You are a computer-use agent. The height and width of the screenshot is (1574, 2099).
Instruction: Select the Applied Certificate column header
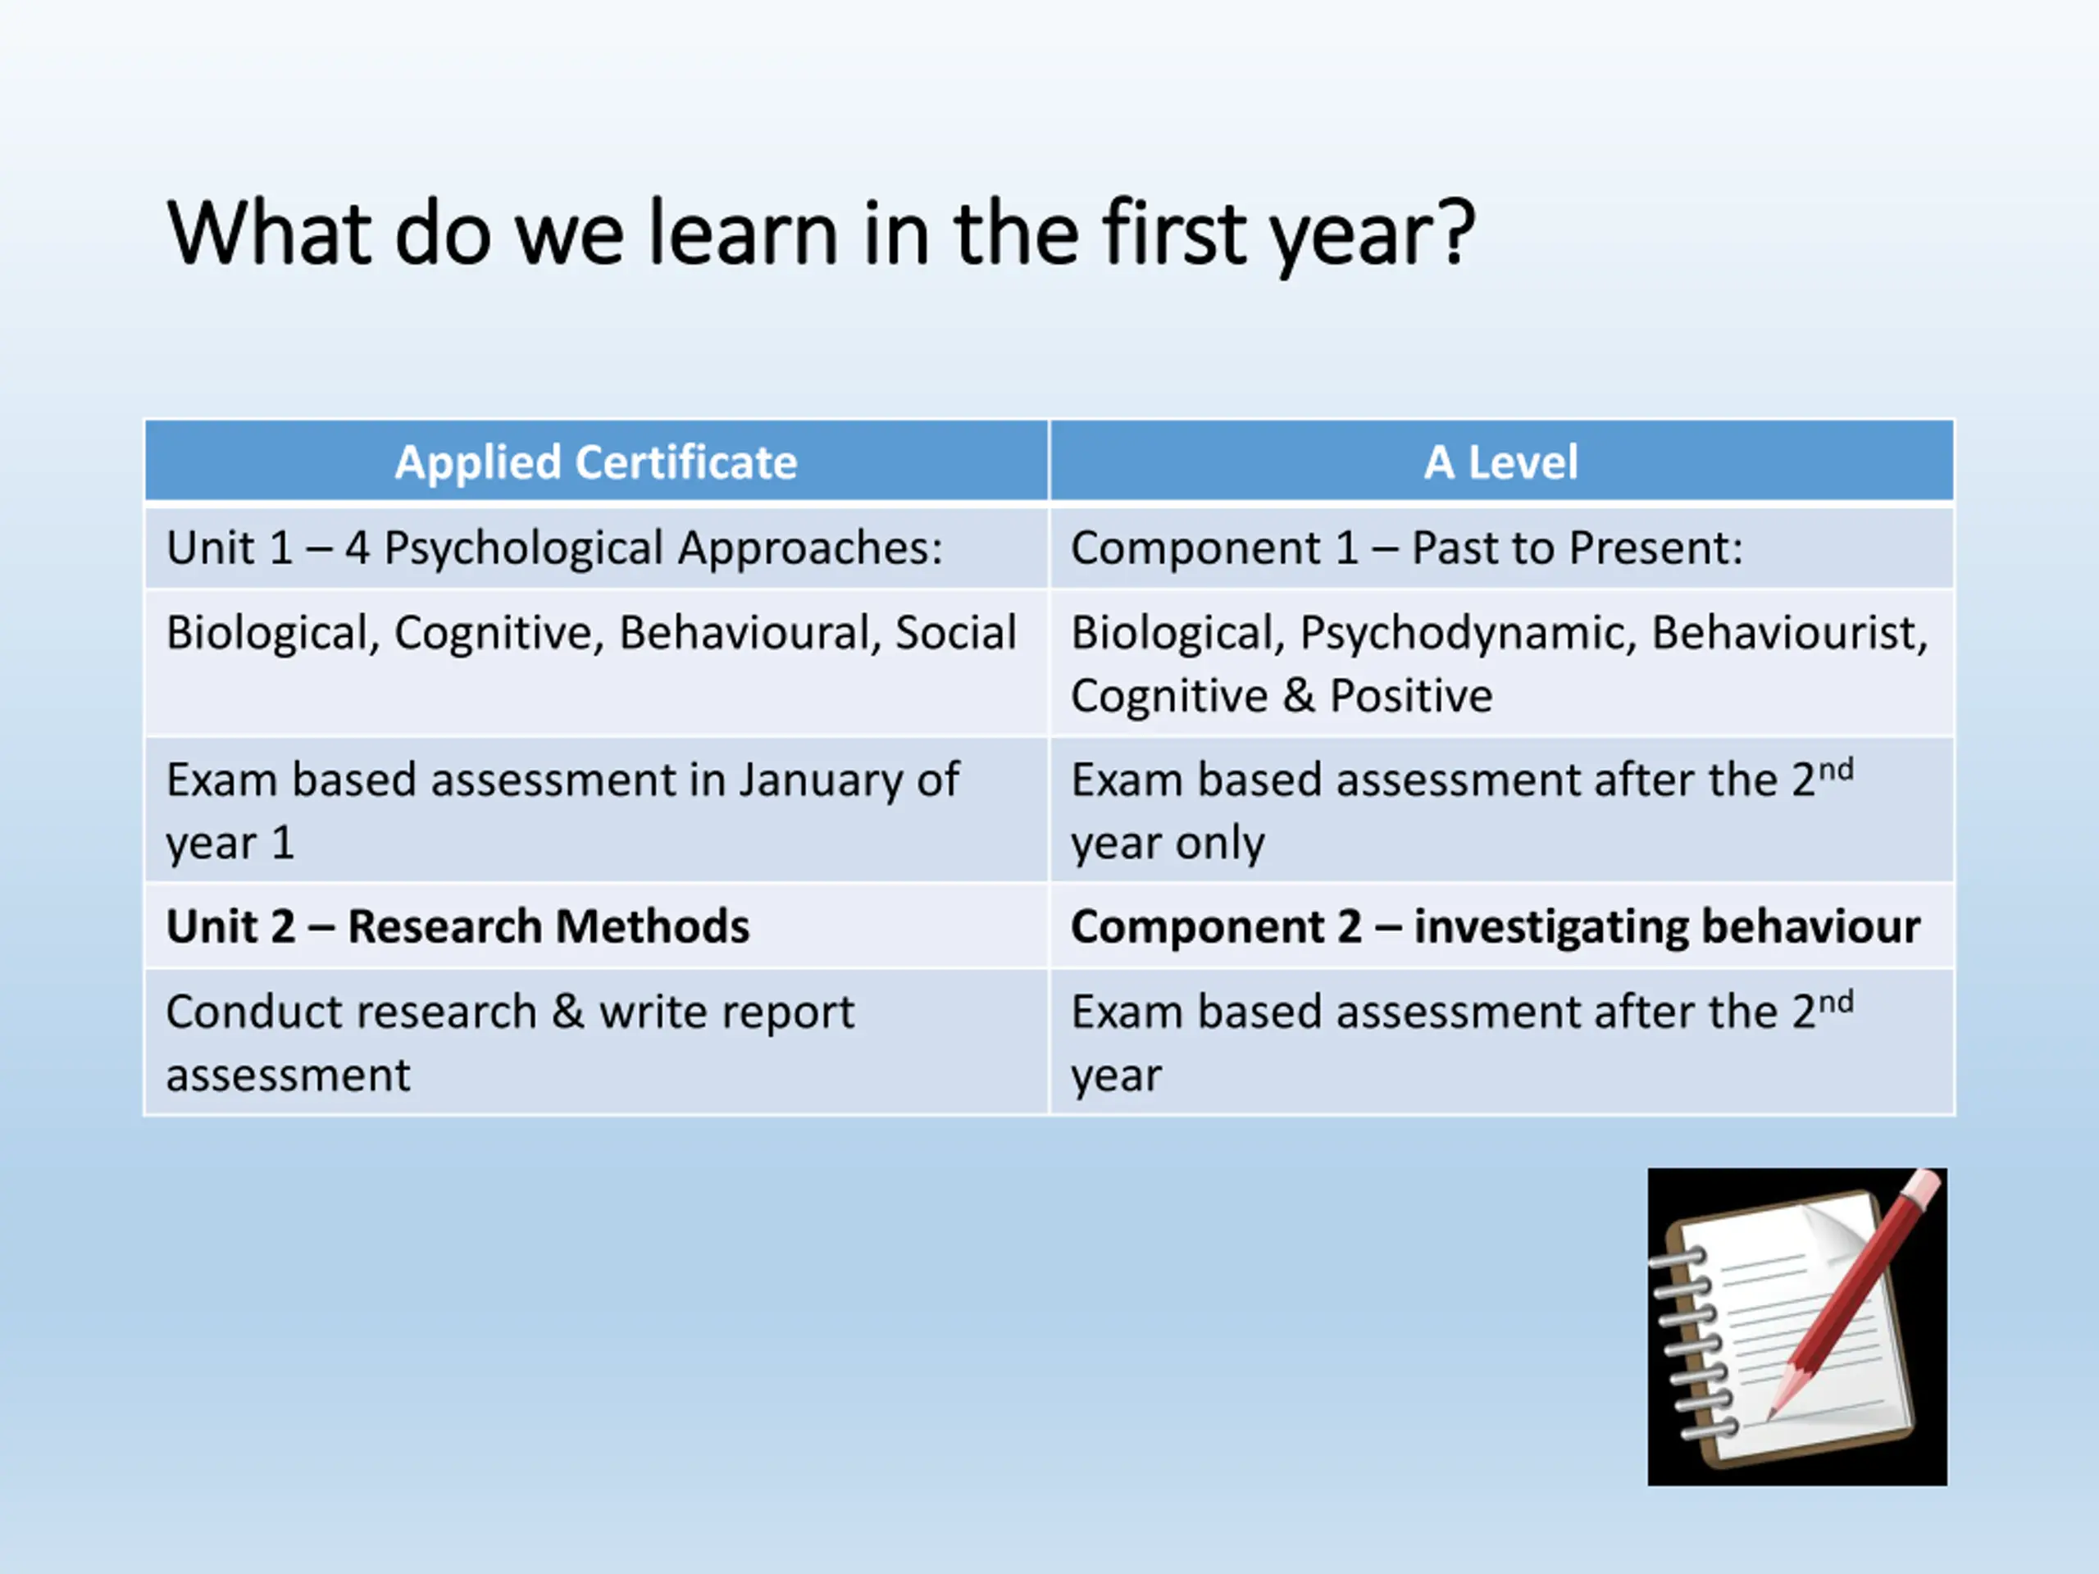click(596, 462)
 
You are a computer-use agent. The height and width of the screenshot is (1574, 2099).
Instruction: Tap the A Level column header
click(1501, 462)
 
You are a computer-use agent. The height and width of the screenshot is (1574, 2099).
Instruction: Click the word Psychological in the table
click(523, 549)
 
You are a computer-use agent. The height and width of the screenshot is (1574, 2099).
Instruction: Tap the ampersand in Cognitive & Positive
click(1298, 695)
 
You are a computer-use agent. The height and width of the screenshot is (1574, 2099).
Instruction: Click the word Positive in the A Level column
click(1411, 695)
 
